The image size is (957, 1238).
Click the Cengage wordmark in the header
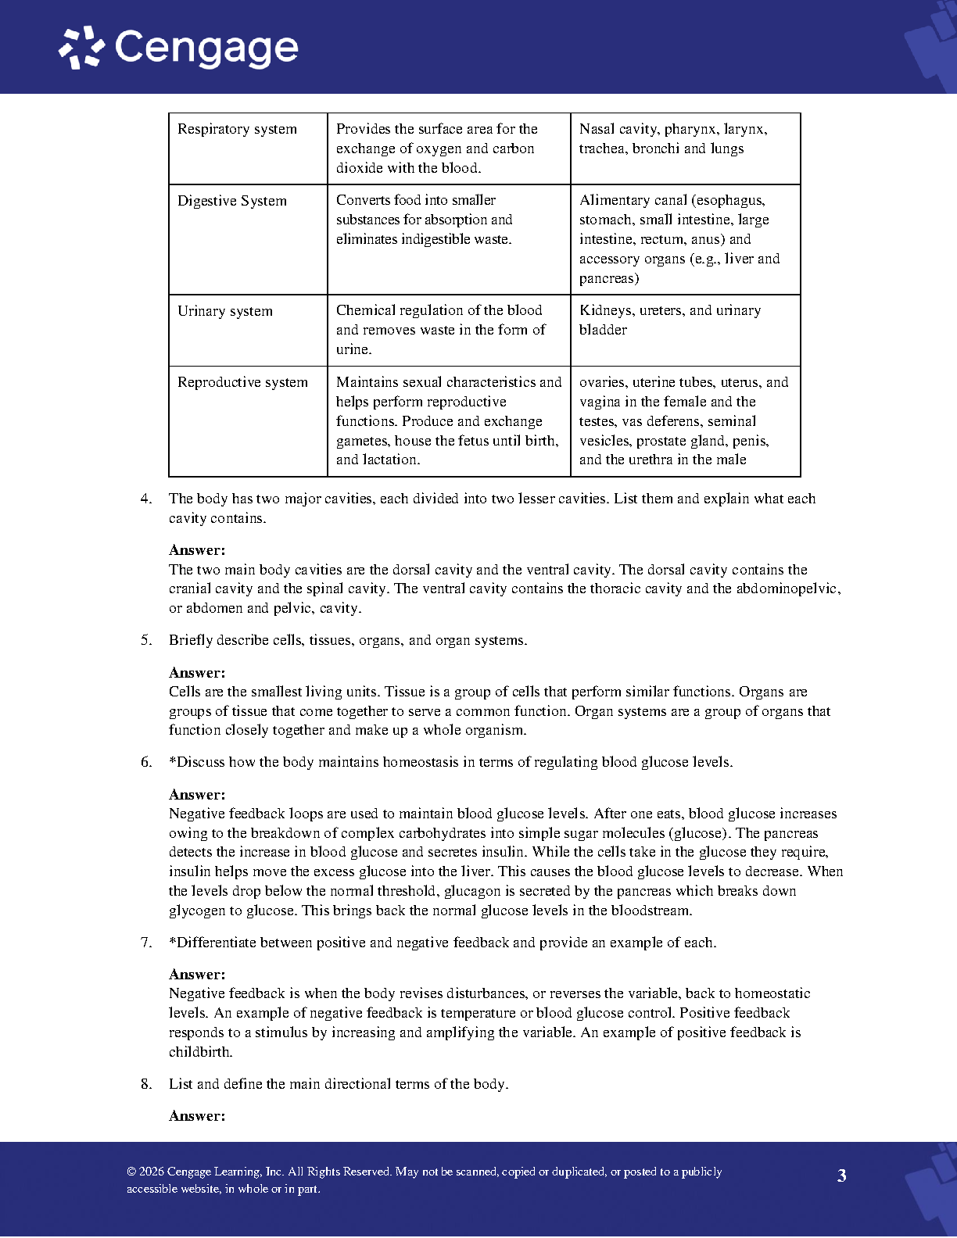pyautogui.click(x=206, y=48)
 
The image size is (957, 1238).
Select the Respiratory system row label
pyautogui.click(x=237, y=129)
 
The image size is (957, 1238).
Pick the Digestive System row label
pyautogui.click(x=231, y=201)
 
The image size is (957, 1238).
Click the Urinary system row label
pyautogui.click(x=224, y=311)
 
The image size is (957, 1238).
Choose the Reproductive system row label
pyautogui.click(x=242, y=382)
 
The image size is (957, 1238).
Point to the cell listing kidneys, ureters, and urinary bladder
pyautogui.click(x=669, y=320)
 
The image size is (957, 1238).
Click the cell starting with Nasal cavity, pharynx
pyautogui.click(x=672, y=138)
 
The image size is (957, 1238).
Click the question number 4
pyautogui.click(x=146, y=499)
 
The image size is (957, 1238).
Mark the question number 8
pyautogui.click(x=146, y=1084)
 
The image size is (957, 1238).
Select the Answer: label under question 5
pyautogui.click(x=197, y=673)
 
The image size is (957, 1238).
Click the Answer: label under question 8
pyautogui.click(x=197, y=1116)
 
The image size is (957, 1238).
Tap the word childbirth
pyautogui.click(x=200, y=1052)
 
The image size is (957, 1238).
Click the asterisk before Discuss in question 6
pyautogui.click(x=173, y=761)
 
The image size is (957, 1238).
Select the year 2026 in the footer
pyautogui.click(x=152, y=1172)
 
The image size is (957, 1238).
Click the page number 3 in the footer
pyautogui.click(x=841, y=1175)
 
